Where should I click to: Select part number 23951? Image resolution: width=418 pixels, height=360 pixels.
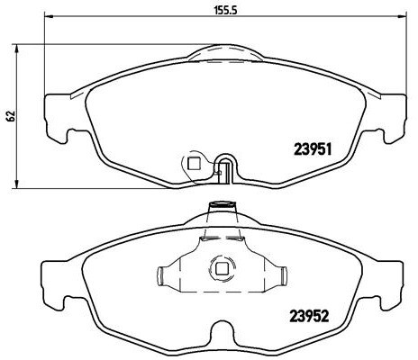(x=316, y=151)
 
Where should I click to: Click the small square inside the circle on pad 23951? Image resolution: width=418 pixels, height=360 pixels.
(x=191, y=163)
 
